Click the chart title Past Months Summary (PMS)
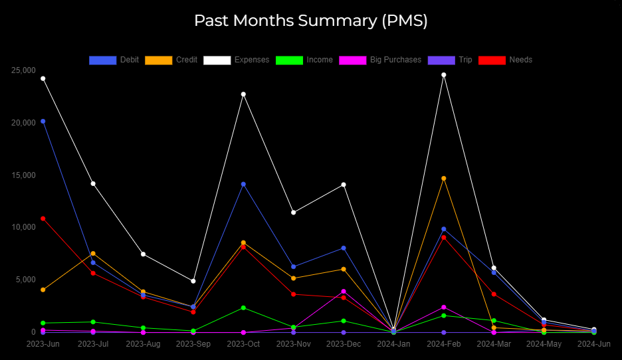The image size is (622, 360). point(311,21)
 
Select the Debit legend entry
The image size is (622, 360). point(114,60)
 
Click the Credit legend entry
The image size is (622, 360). point(171,60)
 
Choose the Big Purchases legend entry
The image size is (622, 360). point(380,60)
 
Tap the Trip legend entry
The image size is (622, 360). point(451,60)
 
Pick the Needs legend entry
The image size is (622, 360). point(506,60)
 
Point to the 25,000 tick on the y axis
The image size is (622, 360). point(23,70)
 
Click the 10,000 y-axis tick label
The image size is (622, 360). point(23,227)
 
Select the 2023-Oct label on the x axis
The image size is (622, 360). point(243,344)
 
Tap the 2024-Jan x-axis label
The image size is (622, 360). point(393,344)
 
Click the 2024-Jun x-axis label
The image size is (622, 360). point(593,344)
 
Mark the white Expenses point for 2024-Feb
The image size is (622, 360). point(444,75)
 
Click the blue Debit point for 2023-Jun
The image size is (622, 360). point(43,122)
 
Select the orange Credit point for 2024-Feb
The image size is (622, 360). point(444,179)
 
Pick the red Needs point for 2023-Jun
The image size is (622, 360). point(43,219)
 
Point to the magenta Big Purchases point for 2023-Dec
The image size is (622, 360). point(344,292)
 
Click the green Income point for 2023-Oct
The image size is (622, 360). point(243,308)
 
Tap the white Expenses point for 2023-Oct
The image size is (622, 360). point(243,94)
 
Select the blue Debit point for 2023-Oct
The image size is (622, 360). point(243,185)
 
